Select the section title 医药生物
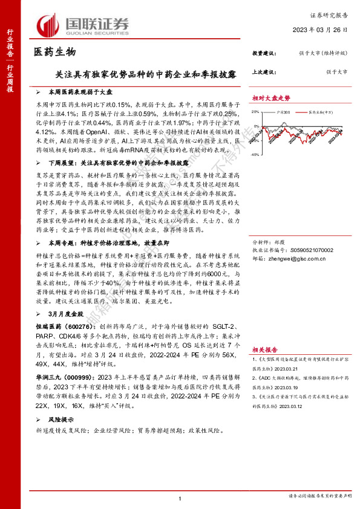tap(54, 53)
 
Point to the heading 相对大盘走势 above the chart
tap(272, 98)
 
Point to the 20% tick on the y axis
tap(257, 112)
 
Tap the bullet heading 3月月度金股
tap(64, 296)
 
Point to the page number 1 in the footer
tap(180, 498)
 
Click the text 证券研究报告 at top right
tap(329, 15)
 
